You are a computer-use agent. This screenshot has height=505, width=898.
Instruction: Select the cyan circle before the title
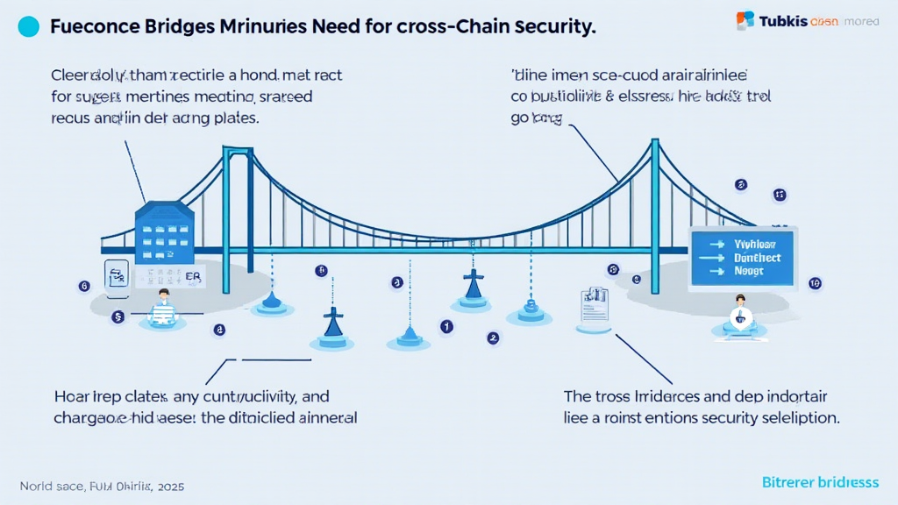pos(28,27)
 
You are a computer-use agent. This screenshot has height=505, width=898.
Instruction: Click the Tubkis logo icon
pos(745,19)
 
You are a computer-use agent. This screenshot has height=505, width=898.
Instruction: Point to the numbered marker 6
pos(84,286)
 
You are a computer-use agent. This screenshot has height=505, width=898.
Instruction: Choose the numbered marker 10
pos(815,283)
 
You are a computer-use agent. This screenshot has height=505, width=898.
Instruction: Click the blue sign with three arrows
pos(743,257)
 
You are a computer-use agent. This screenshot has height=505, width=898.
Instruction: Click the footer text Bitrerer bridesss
pos(819,483)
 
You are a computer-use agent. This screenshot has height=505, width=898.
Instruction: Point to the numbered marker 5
pos(118,317)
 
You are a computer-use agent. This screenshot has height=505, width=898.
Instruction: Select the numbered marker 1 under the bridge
pos(446,326)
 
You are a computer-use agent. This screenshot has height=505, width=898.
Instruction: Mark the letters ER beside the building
pos(193,277)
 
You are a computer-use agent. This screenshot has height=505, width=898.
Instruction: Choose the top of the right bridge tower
pos(654,142)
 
